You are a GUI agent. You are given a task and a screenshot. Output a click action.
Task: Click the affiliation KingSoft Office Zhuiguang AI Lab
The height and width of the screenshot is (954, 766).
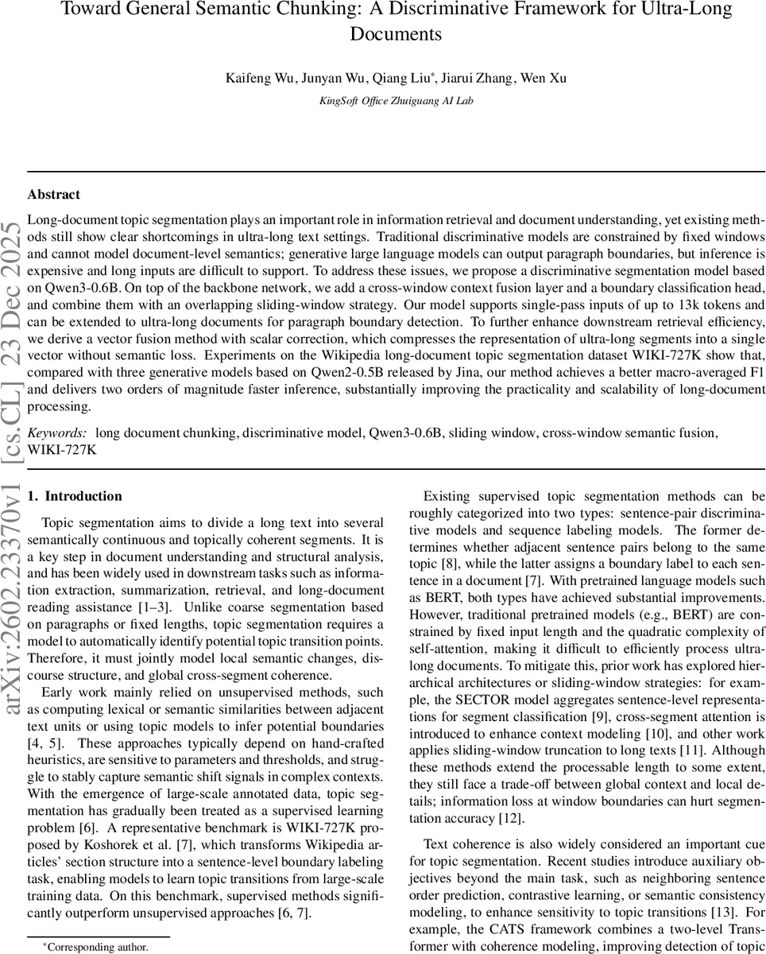397,101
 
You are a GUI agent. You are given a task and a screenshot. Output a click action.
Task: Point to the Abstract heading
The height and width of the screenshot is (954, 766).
53,194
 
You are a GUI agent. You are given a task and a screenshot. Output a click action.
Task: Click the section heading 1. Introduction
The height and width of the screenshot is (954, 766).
75,496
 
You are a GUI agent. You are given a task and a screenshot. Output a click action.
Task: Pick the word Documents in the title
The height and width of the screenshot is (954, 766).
396,34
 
